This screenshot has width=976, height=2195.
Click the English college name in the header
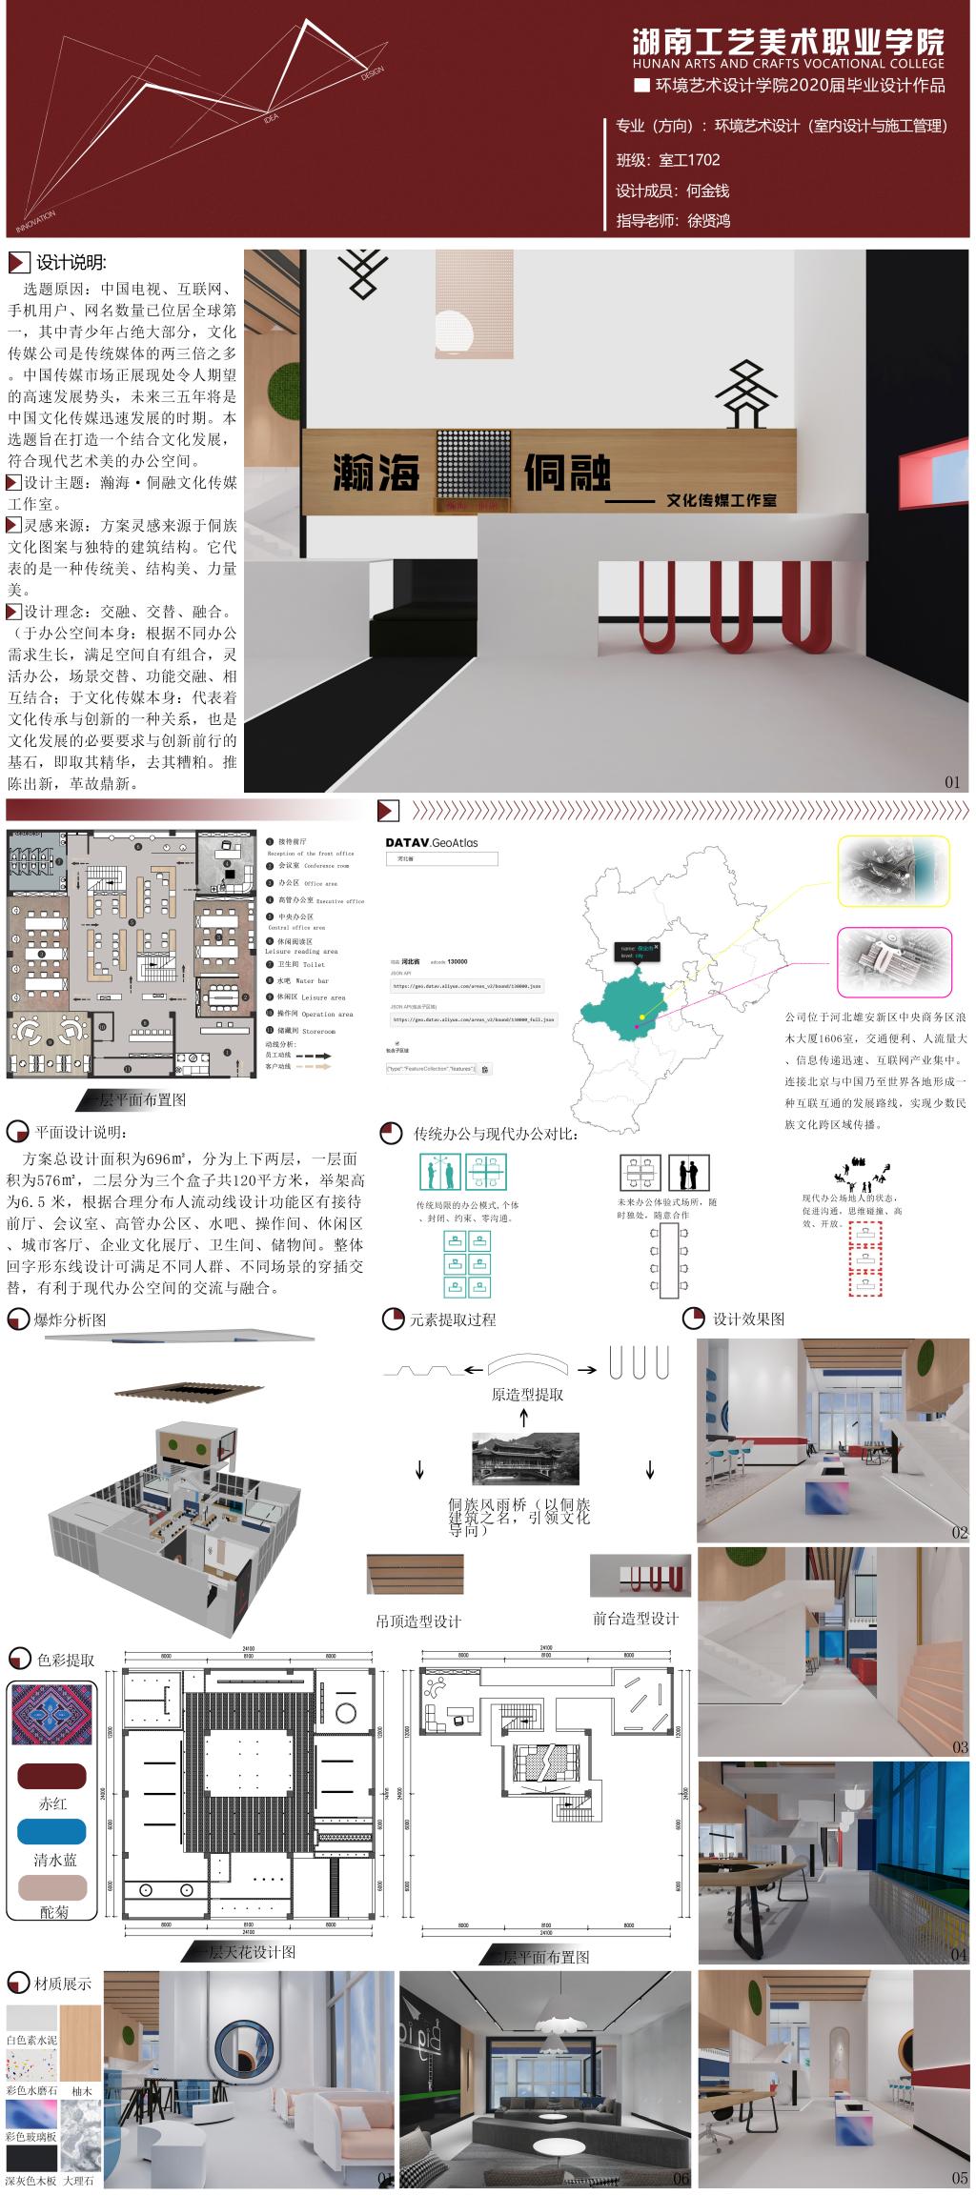pyautogui.click(x=787, y=63)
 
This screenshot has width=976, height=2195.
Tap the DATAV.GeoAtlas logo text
pyautogui.click(x=432, y=842)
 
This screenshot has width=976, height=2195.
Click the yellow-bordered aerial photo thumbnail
pyautogui.click(x=893, y=871)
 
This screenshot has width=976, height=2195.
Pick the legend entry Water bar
pyautogui.click(x=304, y=980)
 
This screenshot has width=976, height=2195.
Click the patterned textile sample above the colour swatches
pyautogui.click(x=52, y=1713)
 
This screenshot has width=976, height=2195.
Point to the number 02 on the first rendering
pyautogui.click(x=958, y=1532)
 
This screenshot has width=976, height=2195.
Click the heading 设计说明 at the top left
pyautogui.click(x=71, y=263)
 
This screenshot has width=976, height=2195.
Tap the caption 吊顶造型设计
pyautogui.click(x=419, y=1621)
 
